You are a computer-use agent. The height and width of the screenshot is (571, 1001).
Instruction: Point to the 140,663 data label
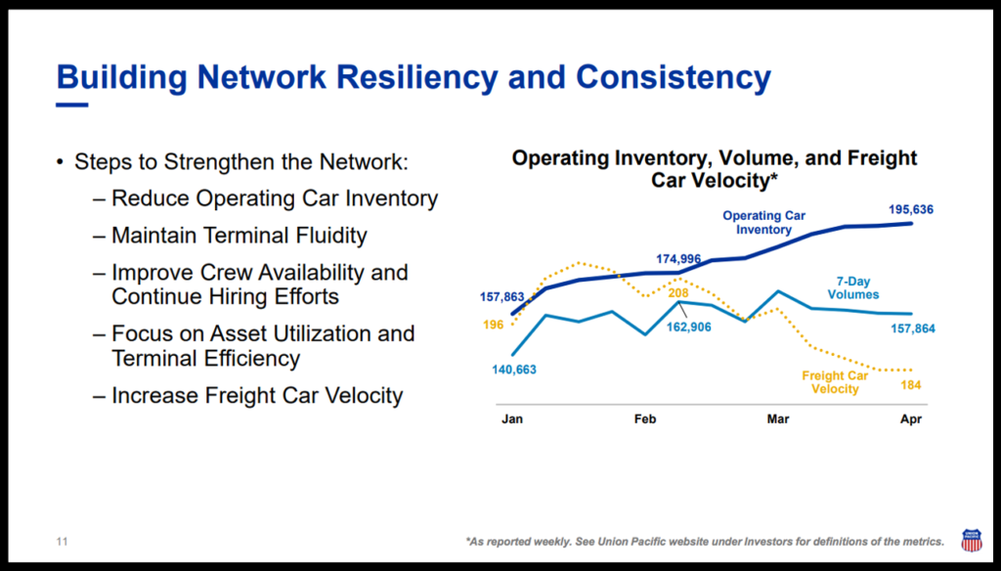pos(513,370)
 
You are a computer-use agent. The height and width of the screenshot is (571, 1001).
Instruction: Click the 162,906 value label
pos(690,327)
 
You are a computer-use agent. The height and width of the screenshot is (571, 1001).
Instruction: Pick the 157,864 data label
pos(911,329)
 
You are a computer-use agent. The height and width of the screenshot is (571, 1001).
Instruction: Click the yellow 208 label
pos(678,292)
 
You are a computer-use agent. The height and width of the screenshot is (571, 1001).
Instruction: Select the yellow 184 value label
pos(909,385)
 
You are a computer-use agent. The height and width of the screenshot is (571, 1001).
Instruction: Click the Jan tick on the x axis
pos(512,419)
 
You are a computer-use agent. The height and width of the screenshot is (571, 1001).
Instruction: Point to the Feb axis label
pos(645,419)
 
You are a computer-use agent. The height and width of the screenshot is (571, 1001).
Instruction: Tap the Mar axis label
pos(778,419)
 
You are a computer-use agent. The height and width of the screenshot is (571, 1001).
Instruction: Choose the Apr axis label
pos(911,419)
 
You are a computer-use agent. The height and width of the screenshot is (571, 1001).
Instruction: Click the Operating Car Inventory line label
pos(764,223)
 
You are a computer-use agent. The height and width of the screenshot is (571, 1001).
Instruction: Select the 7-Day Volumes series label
pos(852,288)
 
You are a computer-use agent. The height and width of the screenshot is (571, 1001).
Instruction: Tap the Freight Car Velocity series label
pos(835,382)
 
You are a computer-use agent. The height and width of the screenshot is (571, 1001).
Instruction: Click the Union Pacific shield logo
pos(972,540)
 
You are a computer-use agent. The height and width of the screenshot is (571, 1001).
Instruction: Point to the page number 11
pos(62,541)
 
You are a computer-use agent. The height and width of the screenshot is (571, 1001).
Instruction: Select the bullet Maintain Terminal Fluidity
pos(239,236)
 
